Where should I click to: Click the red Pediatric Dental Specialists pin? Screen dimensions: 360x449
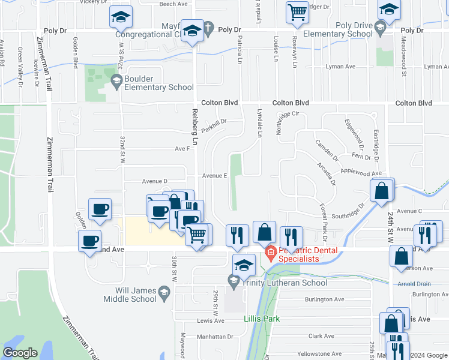(270, 253)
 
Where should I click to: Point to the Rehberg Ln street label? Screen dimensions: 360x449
(194, 127)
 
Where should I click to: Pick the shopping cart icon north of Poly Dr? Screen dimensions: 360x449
(297, 12)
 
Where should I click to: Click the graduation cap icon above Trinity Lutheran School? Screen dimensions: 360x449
(244, 264)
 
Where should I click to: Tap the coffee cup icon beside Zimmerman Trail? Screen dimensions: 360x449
(90, 241)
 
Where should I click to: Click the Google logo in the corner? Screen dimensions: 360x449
(20, 353)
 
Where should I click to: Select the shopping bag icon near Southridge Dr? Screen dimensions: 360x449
(382, 191)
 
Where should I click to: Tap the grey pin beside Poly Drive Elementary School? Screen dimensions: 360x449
(379, 27)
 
